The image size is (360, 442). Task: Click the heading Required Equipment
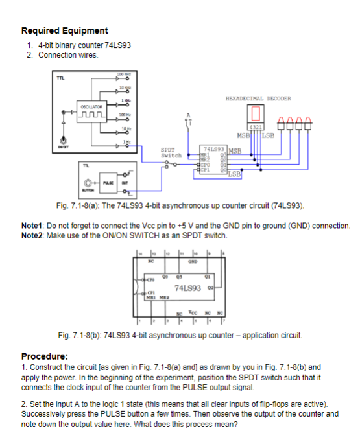coord(65,30)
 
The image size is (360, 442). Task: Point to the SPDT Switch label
coord(171,154)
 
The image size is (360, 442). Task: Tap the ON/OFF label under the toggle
coord(62,149)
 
